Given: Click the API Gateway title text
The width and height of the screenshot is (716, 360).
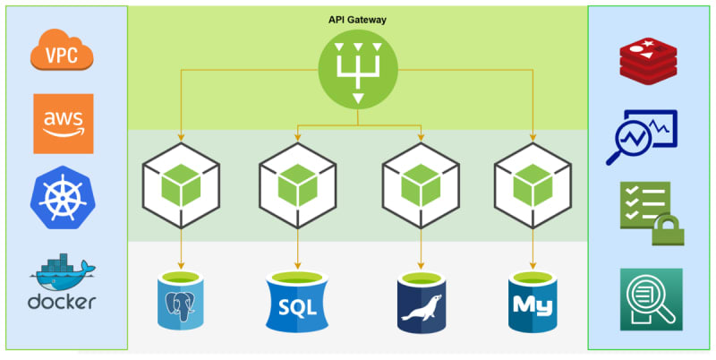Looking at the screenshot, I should (x=358, y=19).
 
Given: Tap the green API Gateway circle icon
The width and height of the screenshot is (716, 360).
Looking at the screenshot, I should (x=358, y=71).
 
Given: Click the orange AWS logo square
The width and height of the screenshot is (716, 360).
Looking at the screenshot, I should (x=64, y=124).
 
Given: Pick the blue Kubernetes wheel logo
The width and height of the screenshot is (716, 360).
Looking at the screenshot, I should (x=64, y=198).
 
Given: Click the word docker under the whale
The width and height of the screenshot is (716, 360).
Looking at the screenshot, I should (x=62, y=302).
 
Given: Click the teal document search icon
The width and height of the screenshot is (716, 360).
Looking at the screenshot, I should (x=651, y=299).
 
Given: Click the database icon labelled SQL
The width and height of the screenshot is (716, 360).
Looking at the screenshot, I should (x=297, y=303).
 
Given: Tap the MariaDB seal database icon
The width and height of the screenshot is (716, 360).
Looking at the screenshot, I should (x=422, y=303).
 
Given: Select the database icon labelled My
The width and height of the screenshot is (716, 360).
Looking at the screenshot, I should (x=534, y=301).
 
